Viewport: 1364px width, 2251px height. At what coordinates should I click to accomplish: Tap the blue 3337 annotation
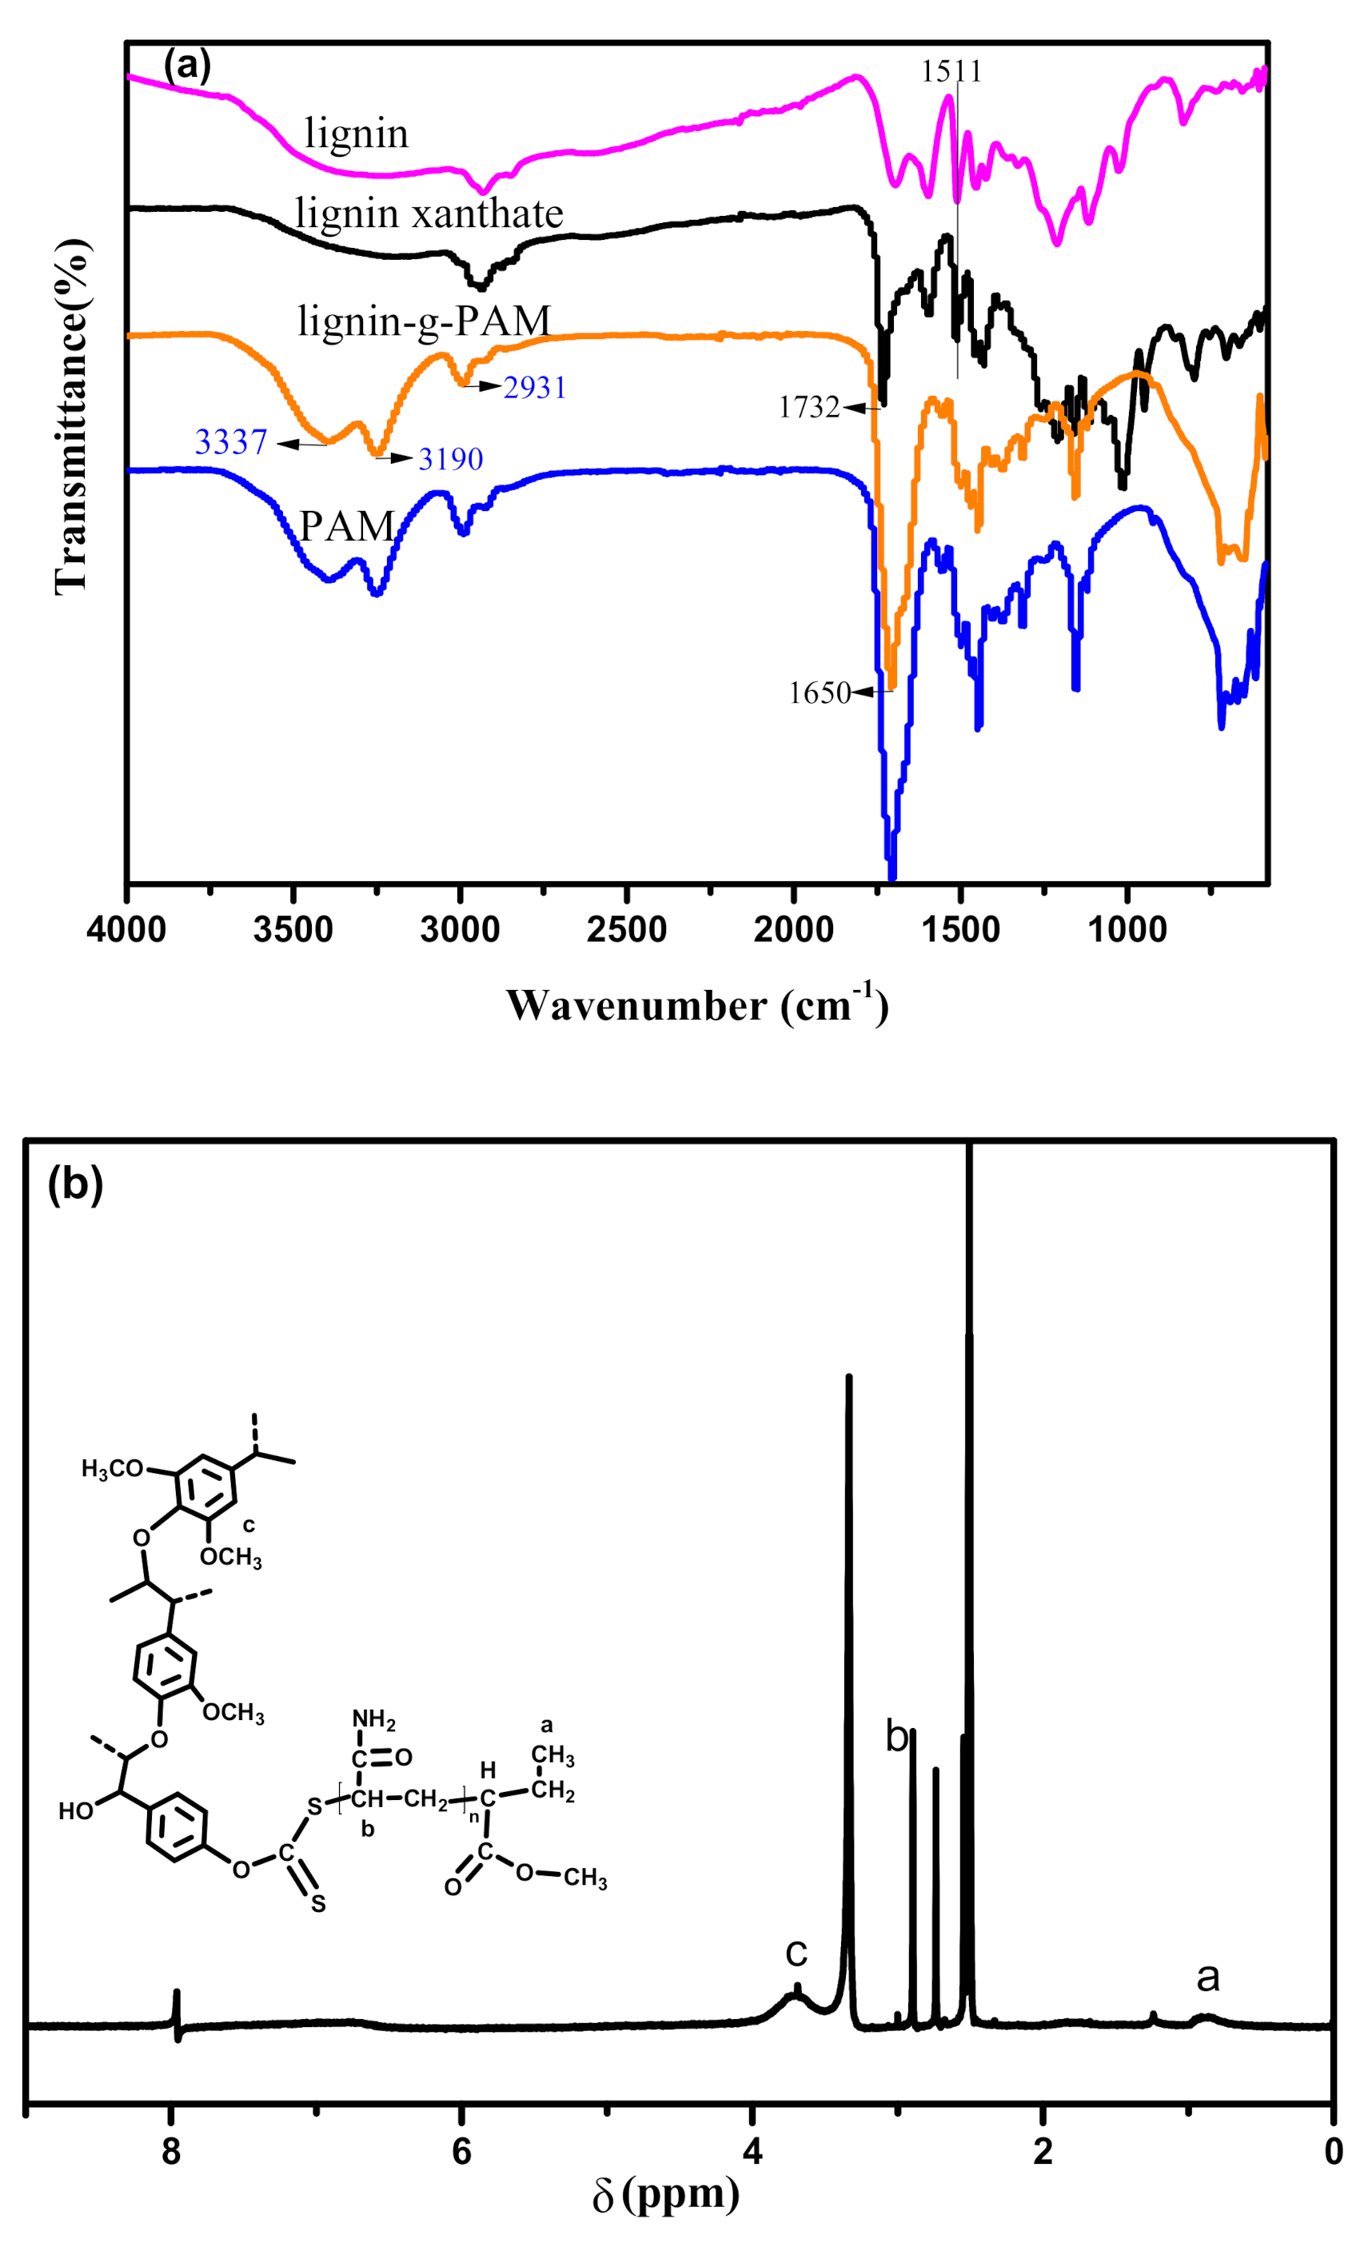point(230,442)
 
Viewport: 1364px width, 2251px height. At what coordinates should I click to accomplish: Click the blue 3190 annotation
point(450,459)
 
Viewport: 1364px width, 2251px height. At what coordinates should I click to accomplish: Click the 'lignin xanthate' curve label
point(429,214)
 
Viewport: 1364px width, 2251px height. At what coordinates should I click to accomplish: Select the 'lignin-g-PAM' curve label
point(424,321)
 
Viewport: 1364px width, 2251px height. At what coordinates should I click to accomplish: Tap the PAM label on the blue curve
point(347,526)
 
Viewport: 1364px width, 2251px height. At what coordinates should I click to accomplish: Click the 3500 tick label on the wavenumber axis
point(293,930)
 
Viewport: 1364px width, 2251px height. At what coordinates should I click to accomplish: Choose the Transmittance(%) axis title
point(71,416)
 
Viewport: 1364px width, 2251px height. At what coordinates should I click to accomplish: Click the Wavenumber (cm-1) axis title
point(697,1005)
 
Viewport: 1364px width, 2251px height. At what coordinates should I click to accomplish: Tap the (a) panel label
point(186,66)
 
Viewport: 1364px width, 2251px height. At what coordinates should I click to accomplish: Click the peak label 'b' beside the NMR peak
point(896,1736)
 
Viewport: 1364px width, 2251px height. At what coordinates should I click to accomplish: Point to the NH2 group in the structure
point(373,1720)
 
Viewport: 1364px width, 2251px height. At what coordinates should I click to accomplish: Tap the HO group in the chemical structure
point(76,1810)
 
